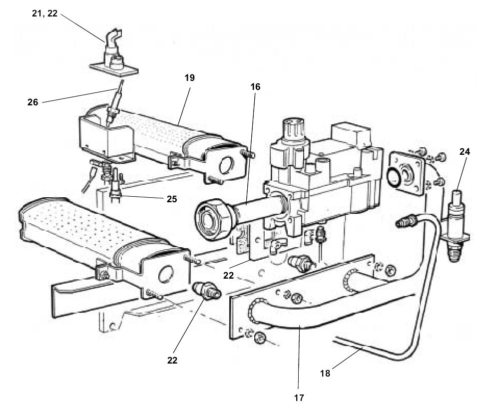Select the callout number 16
[255, 87]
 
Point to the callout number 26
[33, 103]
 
